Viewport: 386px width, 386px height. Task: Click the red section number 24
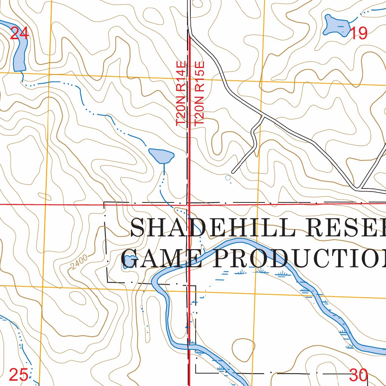19,34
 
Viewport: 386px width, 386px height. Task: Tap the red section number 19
359,34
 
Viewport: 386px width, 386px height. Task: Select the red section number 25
18,375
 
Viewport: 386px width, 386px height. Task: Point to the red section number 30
358,375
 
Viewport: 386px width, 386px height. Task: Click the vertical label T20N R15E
199,93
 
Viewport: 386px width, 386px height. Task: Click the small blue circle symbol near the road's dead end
227,177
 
